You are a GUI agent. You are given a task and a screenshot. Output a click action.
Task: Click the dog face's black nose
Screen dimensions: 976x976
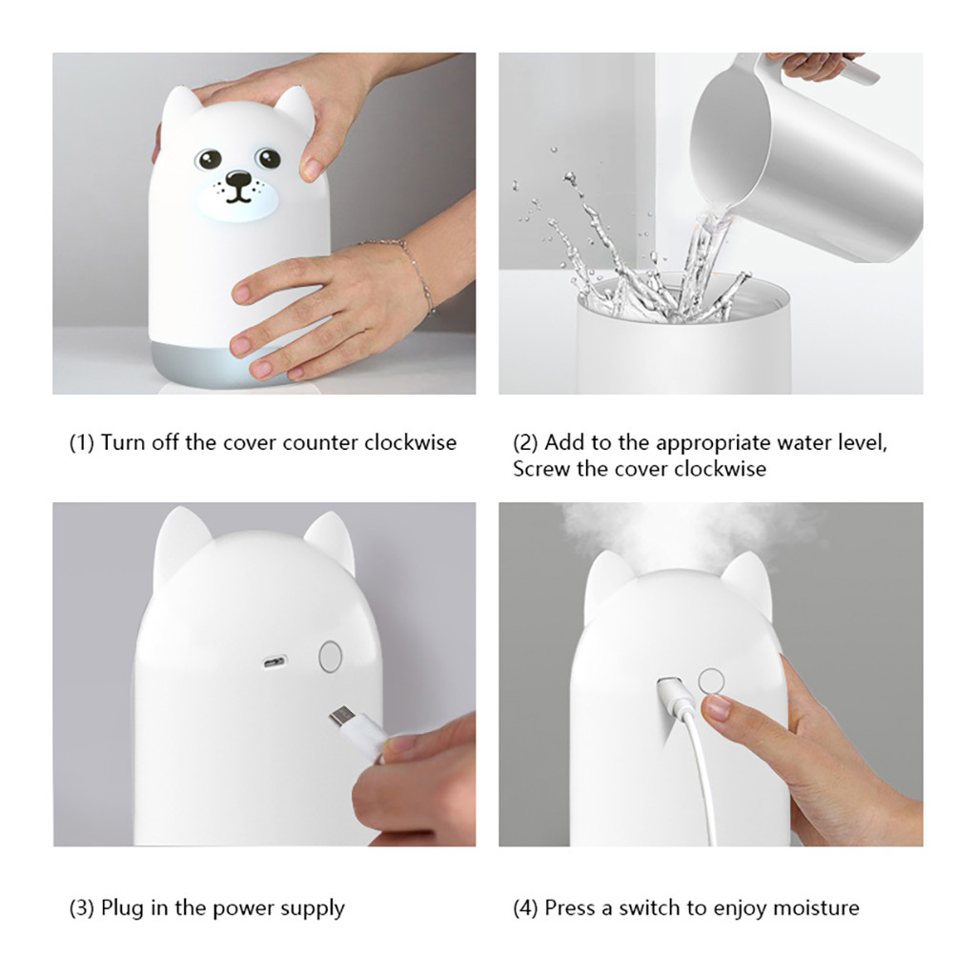point(237,180)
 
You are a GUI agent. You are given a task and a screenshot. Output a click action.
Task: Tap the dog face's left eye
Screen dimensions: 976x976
point(209,159)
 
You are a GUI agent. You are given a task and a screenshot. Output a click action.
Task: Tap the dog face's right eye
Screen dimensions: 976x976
point(268,157)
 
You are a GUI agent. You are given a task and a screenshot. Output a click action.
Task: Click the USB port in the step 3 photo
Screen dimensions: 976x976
point(274,661)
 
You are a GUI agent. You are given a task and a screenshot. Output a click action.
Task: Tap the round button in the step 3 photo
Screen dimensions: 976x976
point(331,656)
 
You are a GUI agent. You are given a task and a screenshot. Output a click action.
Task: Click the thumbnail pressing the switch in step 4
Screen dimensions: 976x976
point(717,708)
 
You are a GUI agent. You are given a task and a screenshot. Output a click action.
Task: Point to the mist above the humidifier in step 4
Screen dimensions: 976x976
point(679,532)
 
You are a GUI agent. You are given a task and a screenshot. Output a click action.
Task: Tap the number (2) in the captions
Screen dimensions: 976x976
point(525,442)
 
